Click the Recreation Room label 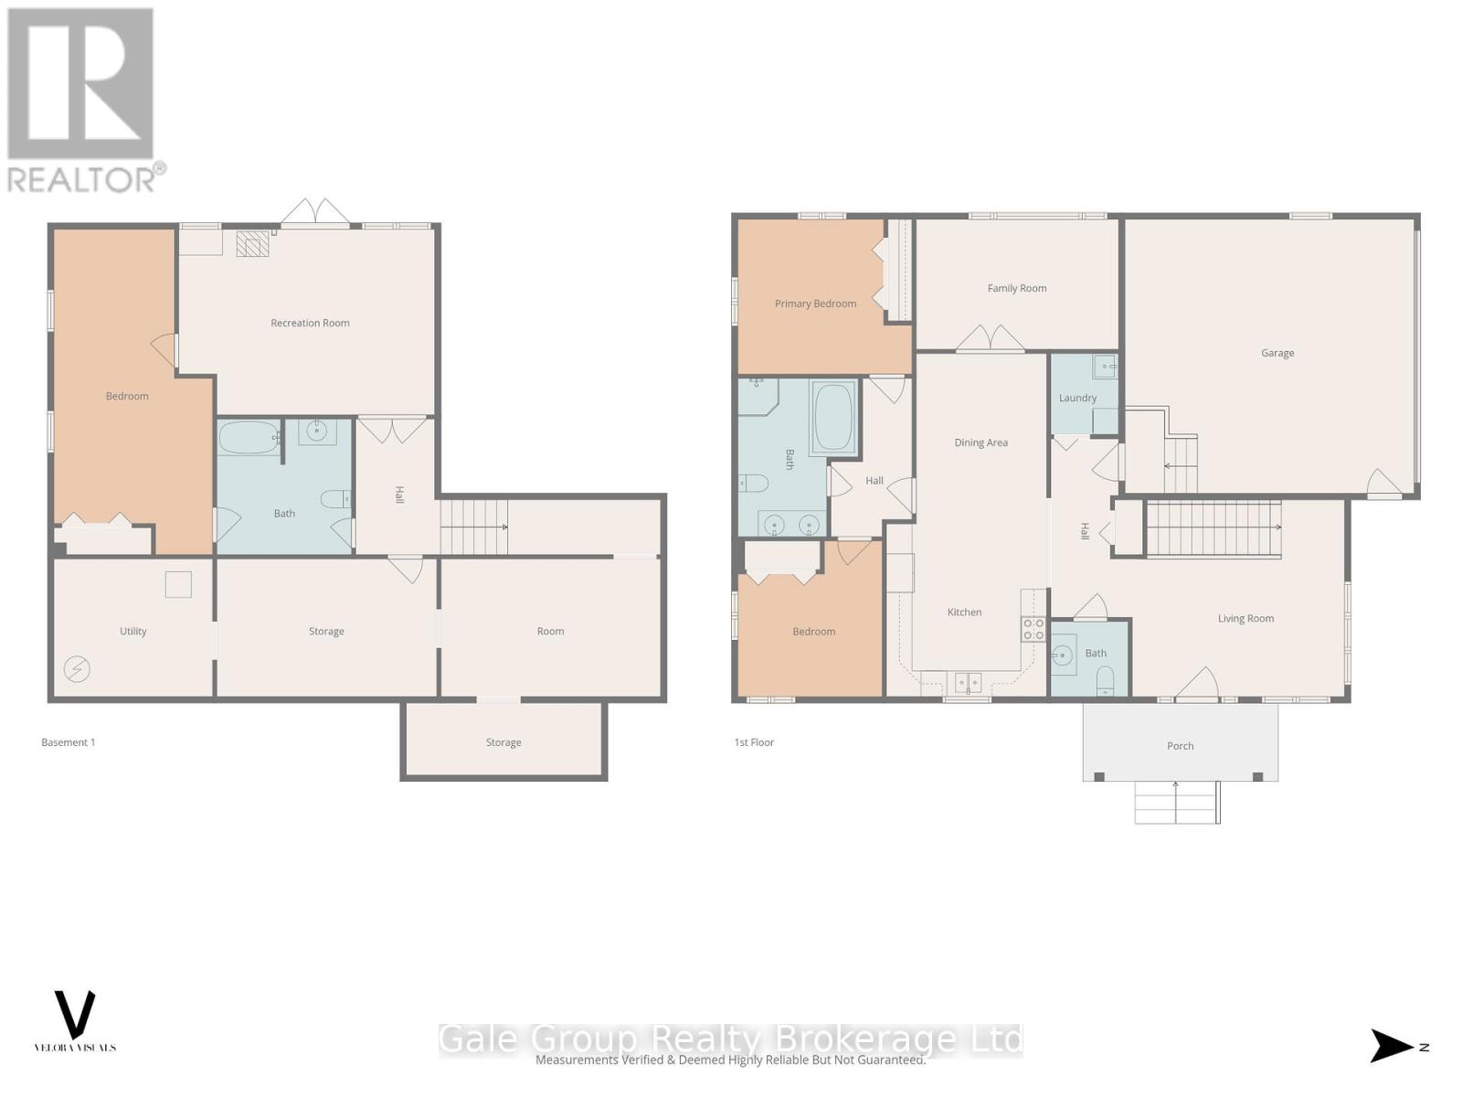pyautogui.click(x=310, y=323)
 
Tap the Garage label pyautogui.click(x=1277, y=353)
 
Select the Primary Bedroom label pyautogui.click(x=815, y=304)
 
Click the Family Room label pyautogui.click(x=1016, y=288)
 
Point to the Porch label pyautogui.click(x=1180, y=746)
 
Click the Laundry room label pyautogui.click(x=1077, y=398)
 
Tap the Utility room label pyautogui.click(x=132, y=631)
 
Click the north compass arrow pyautogui.click(x=1391, y=1046)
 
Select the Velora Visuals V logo pyautogui.click(x=75, y=1014)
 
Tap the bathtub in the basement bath pyautogui.click(x=249, y=438)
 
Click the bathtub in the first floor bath pyautogui.click(x=832, y=418)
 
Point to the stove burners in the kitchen pyautogui.click(x=1033, y=629)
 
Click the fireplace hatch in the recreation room pyautogui.click(x=253, y=244)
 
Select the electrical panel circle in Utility pyautogui.click(x=77, y=669)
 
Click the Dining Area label pyautogui.click(x=980, y=442)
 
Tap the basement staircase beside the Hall pyautogui.click(x=473, y=527)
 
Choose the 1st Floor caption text pyautogui.click(x=754, y=742)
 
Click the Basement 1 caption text pyautogui.click(x=68, y=742)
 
